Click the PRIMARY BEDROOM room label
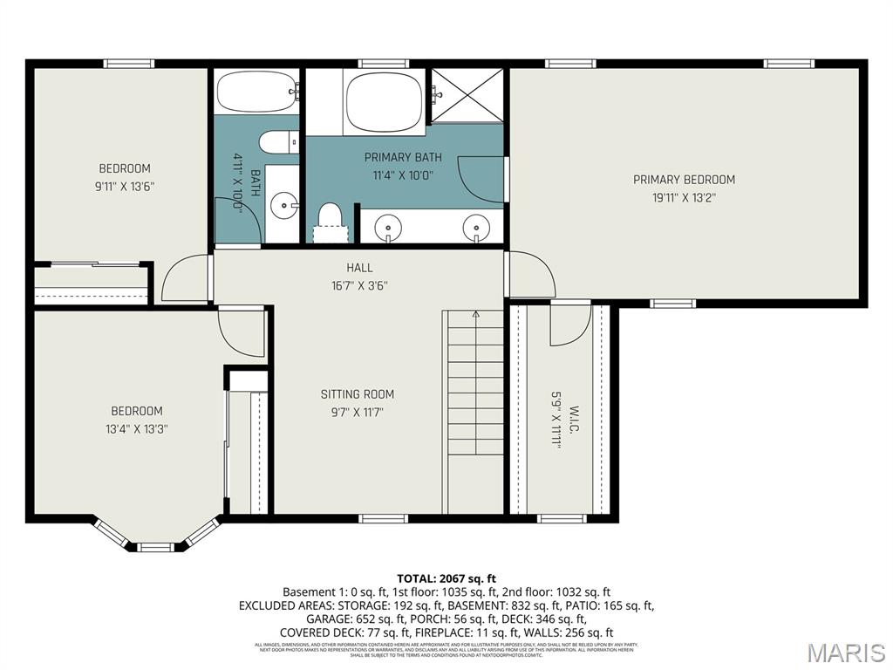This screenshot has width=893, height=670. pos(684,180)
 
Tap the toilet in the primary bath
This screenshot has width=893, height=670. pos(330,219)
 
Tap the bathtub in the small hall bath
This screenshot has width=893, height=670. pos(256,91)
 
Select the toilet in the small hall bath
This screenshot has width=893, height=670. pos(278,140)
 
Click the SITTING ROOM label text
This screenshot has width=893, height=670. pos(358,394)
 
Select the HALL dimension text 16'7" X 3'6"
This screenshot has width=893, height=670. pos(359,285)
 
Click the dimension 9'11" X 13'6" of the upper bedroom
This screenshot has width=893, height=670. pos(125,186)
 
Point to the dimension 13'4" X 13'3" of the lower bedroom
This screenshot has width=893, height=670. pos(136,428)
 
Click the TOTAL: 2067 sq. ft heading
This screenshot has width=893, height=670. pos(446,578)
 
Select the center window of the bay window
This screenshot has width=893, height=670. pos(156,547)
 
